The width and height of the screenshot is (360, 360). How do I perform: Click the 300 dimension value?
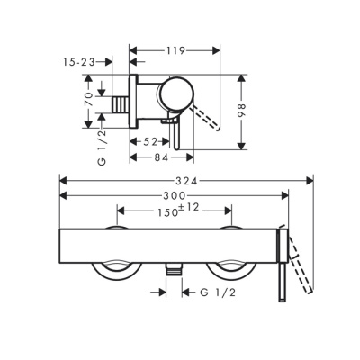tap(175, 196)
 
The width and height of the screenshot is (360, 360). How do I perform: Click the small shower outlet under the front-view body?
tap(174, 267)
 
